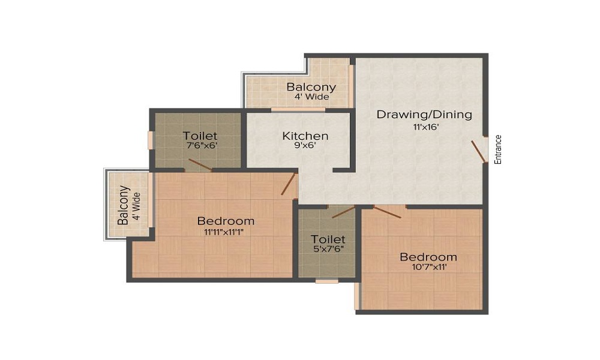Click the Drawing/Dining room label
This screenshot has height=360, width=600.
click(424, 114)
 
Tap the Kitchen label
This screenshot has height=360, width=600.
click(305, 136)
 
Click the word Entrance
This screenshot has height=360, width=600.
click(497, 149)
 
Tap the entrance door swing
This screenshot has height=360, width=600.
click(478, 151)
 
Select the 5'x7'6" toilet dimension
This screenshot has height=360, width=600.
click(328, 248)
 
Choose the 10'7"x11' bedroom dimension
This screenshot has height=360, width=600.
click(428, 268)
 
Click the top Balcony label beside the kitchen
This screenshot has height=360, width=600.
click(311, 87)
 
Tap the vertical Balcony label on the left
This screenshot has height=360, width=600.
click(123, 206)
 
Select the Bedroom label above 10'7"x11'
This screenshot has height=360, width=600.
click(428, 257)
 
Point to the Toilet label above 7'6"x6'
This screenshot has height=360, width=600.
click(200, 136)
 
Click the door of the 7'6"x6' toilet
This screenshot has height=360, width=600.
click(199, 165)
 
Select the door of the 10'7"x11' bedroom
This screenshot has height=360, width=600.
click(387, 212)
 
